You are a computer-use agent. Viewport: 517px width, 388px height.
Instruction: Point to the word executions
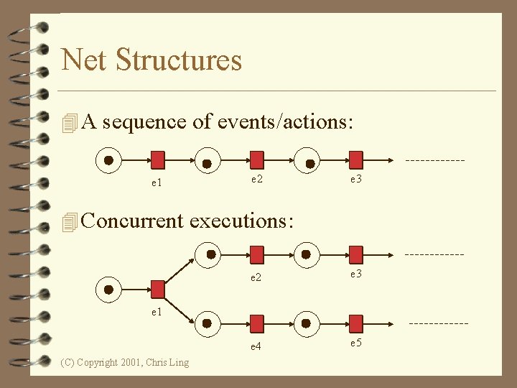(x=241, y=221)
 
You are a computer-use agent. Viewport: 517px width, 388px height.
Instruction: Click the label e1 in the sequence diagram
(x=156, y=183)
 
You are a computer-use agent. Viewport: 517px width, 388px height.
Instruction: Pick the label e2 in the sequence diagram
(x=256, y=179)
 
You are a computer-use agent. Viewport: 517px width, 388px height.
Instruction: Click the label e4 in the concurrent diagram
(x=256, y=346)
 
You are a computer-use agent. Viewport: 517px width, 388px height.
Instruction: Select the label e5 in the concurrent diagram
(x=355, y=343)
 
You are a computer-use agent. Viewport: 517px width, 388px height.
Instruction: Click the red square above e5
(x=356, y=323)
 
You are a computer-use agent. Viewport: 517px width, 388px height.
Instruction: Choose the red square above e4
(x=256, y=323)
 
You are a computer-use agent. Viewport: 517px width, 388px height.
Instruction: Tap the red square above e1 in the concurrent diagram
(x=158, y=289)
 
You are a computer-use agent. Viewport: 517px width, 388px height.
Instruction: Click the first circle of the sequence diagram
(x=108, y=160)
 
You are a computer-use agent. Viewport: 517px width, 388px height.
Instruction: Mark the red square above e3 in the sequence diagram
(x=356, y=159)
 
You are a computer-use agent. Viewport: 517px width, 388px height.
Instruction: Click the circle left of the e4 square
(x=207, y=323)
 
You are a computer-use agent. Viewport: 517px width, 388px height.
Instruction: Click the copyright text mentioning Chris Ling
(x=125, y=362)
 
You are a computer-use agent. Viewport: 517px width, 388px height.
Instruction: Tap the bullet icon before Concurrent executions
(x=69, y=222)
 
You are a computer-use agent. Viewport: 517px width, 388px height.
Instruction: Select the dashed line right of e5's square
(x=438, y=323)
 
